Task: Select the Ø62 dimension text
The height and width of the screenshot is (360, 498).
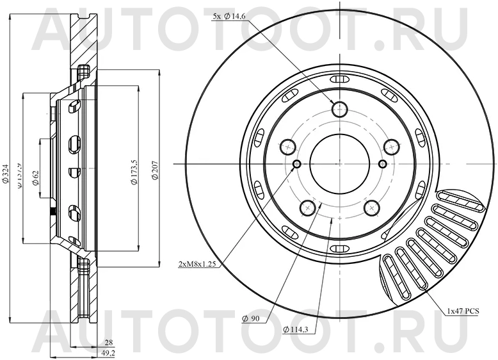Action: click(x=36, y=177)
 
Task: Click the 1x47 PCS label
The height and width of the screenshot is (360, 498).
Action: click(x=464, y=311)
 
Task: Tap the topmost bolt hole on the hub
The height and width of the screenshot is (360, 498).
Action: click(x=339, y=108)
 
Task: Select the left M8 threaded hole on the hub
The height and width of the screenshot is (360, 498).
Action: click(x=296, y=165)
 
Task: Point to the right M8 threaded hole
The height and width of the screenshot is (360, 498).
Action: click(x=383, y=165)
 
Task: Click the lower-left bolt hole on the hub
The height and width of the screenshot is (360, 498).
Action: click(x=309, y=207)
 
